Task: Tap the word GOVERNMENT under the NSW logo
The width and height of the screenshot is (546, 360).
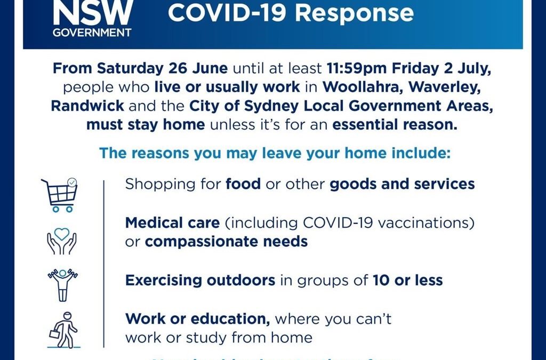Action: pyautogui.click(x=92, y=32)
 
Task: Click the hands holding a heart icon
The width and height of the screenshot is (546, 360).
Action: pyautogui.click(x=62, y=241)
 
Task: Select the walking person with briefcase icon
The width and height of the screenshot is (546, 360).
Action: pyautogui.click(x=63, y=330)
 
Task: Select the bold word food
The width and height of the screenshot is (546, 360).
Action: pyautogui.click(x=243, y=184)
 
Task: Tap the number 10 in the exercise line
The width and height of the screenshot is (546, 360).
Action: pyautogui.click(x=380, y=280)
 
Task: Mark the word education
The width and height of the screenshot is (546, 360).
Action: pyautogui.click(x=226, y=319)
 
